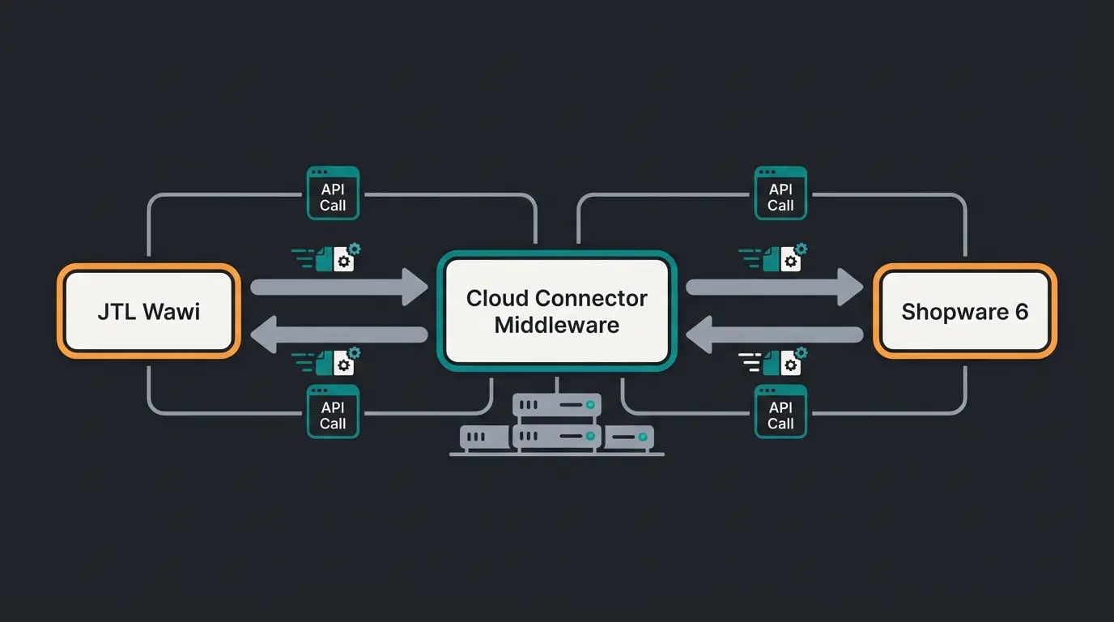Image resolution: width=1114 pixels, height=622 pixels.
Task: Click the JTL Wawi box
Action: tap(149, 311)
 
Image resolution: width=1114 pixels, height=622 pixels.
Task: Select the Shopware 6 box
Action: tap(965, 311)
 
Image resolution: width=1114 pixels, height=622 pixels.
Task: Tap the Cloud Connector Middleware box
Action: tap(557, 311)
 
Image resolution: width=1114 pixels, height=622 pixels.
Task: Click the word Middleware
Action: tap(557, 326)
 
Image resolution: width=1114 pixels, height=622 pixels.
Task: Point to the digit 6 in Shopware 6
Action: tap(1021, 312)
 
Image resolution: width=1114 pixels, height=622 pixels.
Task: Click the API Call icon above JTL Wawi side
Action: tap(333, 194)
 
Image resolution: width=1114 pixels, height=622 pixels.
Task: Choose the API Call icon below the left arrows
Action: tap(333, 411)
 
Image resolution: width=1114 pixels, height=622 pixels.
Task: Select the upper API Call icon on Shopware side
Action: tap(780, 194)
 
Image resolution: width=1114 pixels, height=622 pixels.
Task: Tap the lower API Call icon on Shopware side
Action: tap(780, 411)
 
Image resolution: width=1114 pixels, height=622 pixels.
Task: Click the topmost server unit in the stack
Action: tap(557, 404)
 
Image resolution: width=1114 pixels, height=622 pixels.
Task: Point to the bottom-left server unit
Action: tap(485, 437)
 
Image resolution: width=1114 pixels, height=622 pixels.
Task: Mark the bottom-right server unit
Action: tap(629, 437)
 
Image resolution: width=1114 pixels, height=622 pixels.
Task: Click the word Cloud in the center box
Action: tap(497, 298)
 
